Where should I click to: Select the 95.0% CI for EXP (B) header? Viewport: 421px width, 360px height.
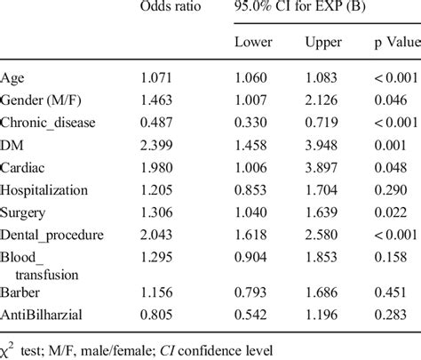click(290, 9)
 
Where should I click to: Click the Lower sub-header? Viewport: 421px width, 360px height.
click(253, 44)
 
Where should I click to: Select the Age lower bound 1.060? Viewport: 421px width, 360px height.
click(252, 79)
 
